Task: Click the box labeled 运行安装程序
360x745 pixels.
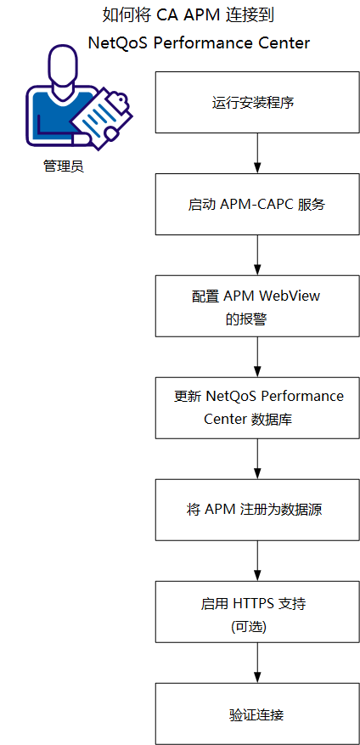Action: pyautogui.click(x=256, y=103)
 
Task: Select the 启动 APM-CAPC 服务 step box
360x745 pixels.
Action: pyautogui.click(x=256, y=205)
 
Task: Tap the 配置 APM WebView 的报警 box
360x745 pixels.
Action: pyautogui.click(x=256, y=306)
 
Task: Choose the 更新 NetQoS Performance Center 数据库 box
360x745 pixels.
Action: pyautogui.click(x=256, y=408)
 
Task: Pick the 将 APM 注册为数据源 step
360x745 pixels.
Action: pyautogui.click(x=256, y=510)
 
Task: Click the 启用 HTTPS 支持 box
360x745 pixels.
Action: pyautogui.click(x=256, y=612)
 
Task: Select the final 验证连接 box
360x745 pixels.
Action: pyautogui.click(x=256, y=714)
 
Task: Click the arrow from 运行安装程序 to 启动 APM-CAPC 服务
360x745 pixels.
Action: pyautogui.click(x=256, y=154)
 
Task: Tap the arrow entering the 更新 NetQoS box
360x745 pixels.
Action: pyautogui.click(x=256, y=357)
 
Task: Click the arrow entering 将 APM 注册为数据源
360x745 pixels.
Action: pyautogui.click(x=256, y=459)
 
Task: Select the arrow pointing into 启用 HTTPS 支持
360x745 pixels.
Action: pyautogui.click(x=256, y=561)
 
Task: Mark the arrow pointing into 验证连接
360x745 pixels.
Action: pyautogui.click(x=256, y=663)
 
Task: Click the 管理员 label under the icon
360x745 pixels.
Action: pyautogui.click(x=64, y=166)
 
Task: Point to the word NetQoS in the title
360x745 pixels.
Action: pyautogui.click(x=118, y=42)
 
